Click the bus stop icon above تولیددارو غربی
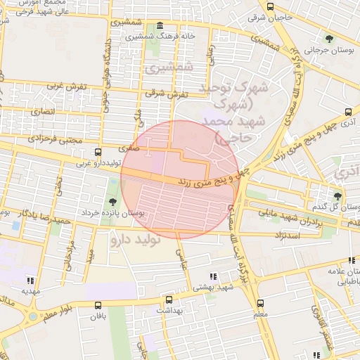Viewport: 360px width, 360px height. click(x=98, y=151)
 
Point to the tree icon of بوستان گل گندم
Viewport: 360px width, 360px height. click(x=338, y=195)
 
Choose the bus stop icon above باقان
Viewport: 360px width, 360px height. click(x=97, y=305)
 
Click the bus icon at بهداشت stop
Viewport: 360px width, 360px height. click(x=167, y=299)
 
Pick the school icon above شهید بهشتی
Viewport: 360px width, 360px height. click(x=214, y=276)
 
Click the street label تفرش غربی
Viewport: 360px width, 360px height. click(x=66, y=86)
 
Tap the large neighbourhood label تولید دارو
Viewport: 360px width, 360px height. click(x=136, y=240)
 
